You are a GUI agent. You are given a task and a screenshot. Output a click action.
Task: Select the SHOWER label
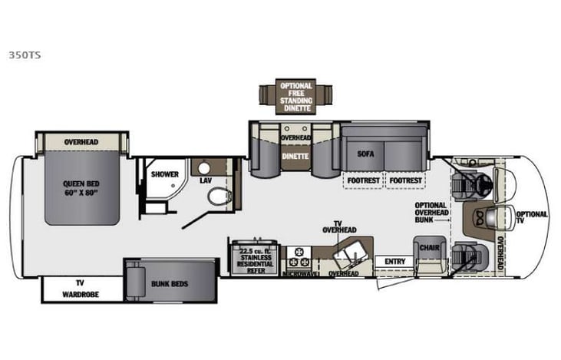click(164, 174)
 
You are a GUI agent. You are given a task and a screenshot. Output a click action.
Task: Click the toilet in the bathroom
click(219, 196)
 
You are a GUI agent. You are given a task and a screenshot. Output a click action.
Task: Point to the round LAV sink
click(205, 167)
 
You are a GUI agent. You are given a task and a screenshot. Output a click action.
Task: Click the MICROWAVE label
click(300, 273)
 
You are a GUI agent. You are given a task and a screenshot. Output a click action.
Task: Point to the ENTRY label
click(395, 262)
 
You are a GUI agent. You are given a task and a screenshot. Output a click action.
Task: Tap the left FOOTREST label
click(362, 181)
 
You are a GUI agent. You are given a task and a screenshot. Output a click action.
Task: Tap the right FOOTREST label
click(404, 181)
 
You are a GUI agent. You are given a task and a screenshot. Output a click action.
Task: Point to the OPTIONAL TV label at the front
click(531, 218)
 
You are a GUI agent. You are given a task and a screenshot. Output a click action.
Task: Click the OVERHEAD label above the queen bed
click(81, 142)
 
